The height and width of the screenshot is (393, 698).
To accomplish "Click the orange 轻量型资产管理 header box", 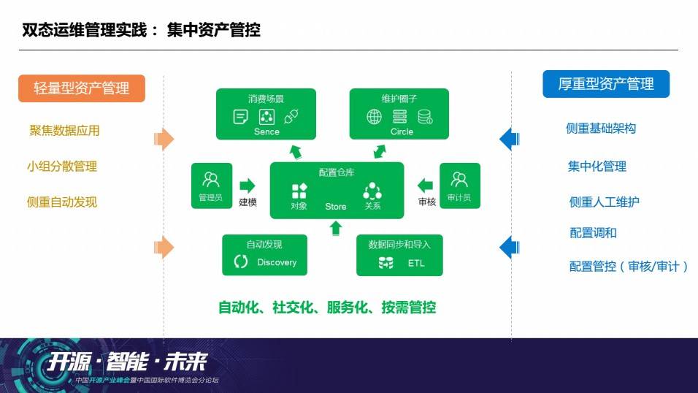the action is click(x=82, y=88).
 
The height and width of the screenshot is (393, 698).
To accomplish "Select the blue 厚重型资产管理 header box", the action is click(x=606, y=84).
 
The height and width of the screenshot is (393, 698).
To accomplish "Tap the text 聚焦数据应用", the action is click(x=64, y=131).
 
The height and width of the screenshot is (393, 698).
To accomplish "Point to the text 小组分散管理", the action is click(x=62, y=167).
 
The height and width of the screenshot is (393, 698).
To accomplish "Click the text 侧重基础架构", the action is click(x=600, y=129).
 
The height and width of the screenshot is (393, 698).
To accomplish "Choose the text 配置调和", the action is click(x=593, y=233).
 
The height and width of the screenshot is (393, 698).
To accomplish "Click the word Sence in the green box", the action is click(x=266, y=132).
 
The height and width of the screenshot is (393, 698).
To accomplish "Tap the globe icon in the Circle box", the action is click(x=374, y=117).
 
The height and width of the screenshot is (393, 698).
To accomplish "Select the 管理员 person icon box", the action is click(x=212, y=186).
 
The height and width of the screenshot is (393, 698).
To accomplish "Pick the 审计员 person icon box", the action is click(x=460, y=186).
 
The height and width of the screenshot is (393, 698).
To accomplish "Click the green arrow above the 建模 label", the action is click(x=248, y=186).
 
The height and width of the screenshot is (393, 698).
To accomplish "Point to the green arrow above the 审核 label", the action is click(x=426, y=186).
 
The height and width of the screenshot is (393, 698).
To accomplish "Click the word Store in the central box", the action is click(x=336, y=207).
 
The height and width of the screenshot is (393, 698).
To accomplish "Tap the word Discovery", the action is click(x=277, y=262).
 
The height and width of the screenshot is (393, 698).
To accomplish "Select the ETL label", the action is click(x=416, y=263).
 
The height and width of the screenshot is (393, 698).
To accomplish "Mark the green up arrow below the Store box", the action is click(x=336, y=228).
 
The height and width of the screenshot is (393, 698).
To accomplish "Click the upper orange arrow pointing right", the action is click(x=164, y=139).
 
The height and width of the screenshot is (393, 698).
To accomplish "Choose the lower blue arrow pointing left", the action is click(x=509, y=248).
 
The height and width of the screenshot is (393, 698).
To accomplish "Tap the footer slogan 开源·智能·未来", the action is click(x=127, y=362).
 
